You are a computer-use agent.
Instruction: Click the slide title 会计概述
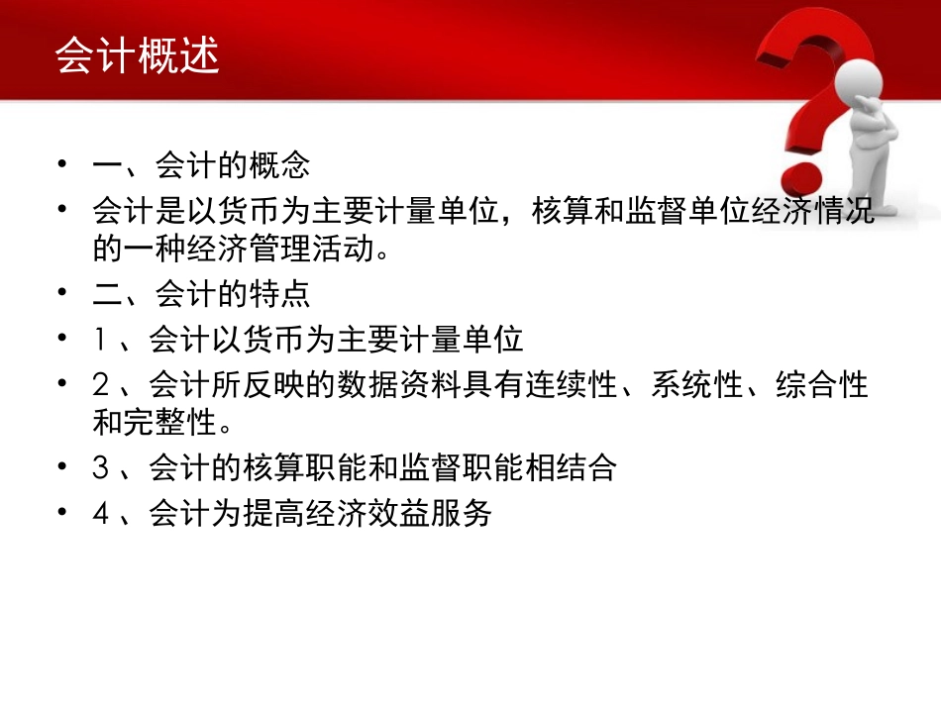tap(137, 56)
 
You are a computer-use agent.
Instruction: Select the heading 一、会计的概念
tap(201, 163)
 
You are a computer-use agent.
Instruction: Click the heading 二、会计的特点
tap(201, 295)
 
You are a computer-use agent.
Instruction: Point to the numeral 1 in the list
tap(100, 341)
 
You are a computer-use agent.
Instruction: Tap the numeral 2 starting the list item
tap(100, 384)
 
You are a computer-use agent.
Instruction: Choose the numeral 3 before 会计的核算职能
tap(100, 468)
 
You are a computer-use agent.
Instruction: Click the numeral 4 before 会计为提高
tap(100, 514)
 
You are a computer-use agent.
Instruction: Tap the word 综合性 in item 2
tap(822, 384)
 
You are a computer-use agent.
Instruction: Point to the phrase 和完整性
tap(155, 423)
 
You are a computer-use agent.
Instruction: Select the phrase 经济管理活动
tap(297, 250)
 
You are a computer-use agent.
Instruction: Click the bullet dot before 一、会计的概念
tap(64, 163)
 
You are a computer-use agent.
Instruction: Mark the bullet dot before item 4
tap(64, 514)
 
